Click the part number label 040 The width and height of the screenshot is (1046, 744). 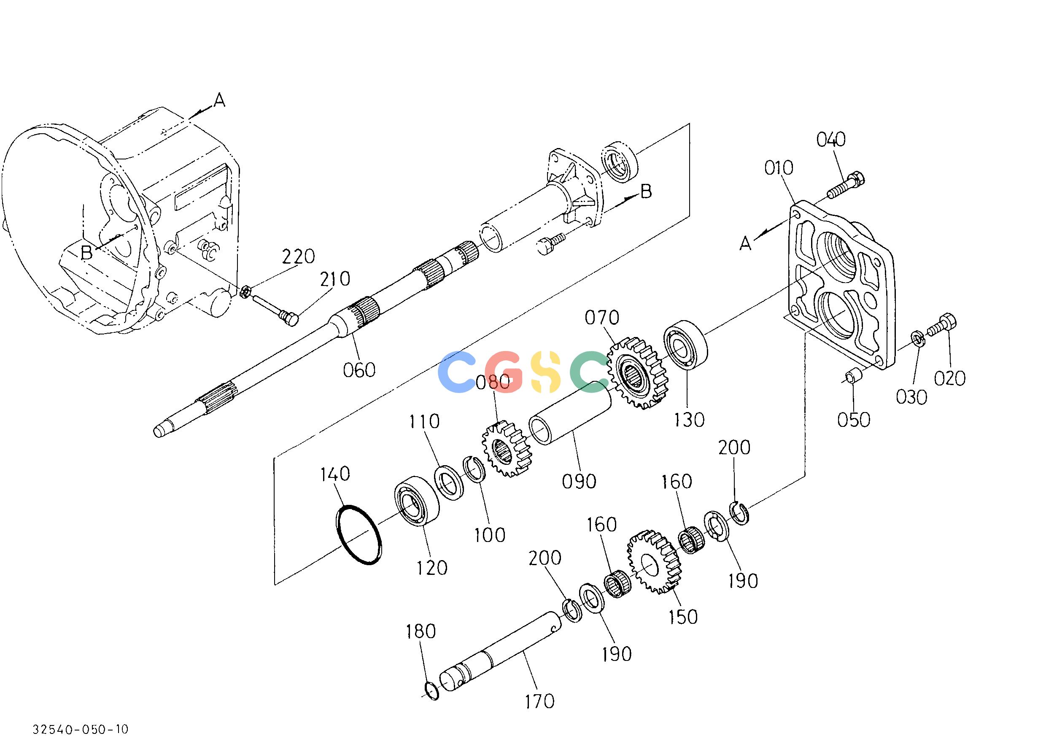[831, 139]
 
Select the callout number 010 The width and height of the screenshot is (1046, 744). [779, 168]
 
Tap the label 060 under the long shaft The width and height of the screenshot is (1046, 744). [359, 370]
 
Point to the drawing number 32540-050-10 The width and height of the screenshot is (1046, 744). [81, 729]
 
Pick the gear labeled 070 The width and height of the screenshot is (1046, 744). [638, 373]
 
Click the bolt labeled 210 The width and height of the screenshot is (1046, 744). [275, 308]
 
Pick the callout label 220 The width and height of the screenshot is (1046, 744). [298, 257]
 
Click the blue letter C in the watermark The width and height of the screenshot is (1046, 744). [457, 372]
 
